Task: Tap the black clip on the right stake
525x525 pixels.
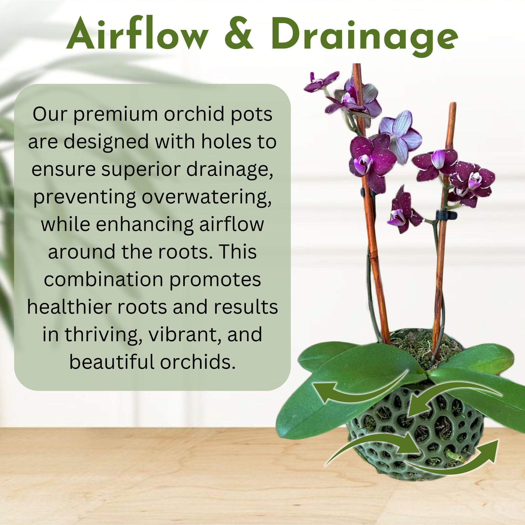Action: (x=446, y=215)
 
